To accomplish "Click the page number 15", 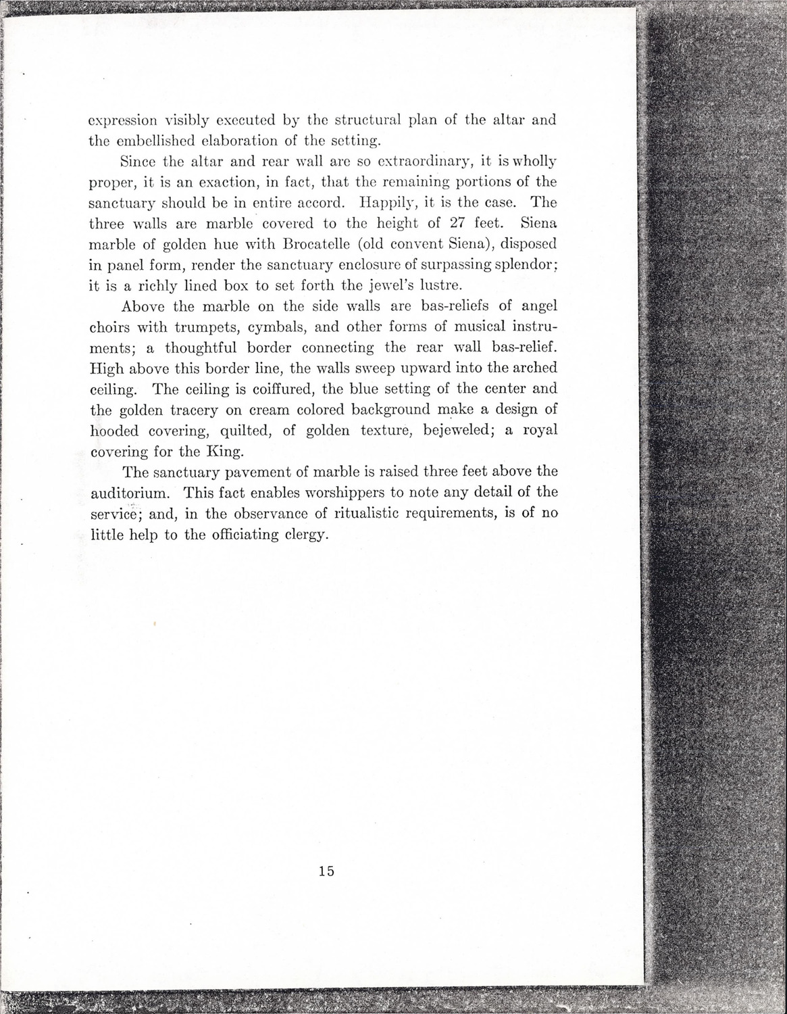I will point(326,871).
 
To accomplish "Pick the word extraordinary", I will point(414,162).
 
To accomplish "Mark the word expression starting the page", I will point(124,122).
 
